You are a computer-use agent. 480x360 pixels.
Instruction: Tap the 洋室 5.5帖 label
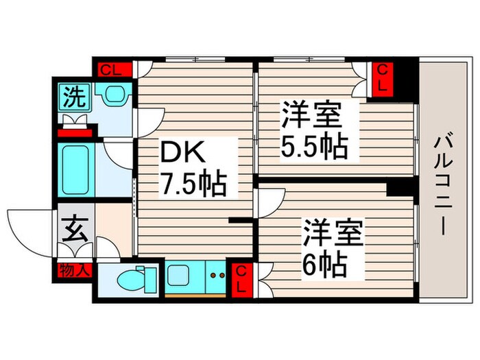click(x=312, y=130)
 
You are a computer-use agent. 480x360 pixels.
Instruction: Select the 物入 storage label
click(x=74, y=269)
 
